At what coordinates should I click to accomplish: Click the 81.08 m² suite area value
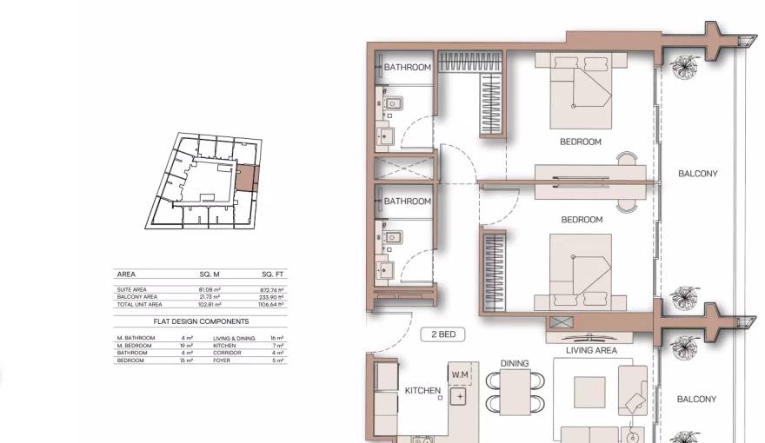click(210, 289)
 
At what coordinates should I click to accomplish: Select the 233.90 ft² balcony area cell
click(273, 297)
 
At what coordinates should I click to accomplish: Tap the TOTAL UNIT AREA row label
click(139, 305)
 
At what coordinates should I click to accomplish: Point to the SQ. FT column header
click(273, 274)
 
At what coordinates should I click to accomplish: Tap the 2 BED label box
click(442, 334)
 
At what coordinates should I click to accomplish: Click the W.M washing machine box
click(461, 374)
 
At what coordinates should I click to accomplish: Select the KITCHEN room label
click(422, 391)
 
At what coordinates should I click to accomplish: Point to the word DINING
click(515, 363)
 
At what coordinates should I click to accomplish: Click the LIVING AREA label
click(591, 351)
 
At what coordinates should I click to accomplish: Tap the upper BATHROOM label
click(408, 68)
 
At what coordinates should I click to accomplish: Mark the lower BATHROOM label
click(408, 202)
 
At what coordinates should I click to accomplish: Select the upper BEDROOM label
click(580, 142)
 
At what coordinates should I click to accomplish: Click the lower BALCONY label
click(697, 400)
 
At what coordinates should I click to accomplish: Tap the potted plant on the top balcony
click(687, 68)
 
